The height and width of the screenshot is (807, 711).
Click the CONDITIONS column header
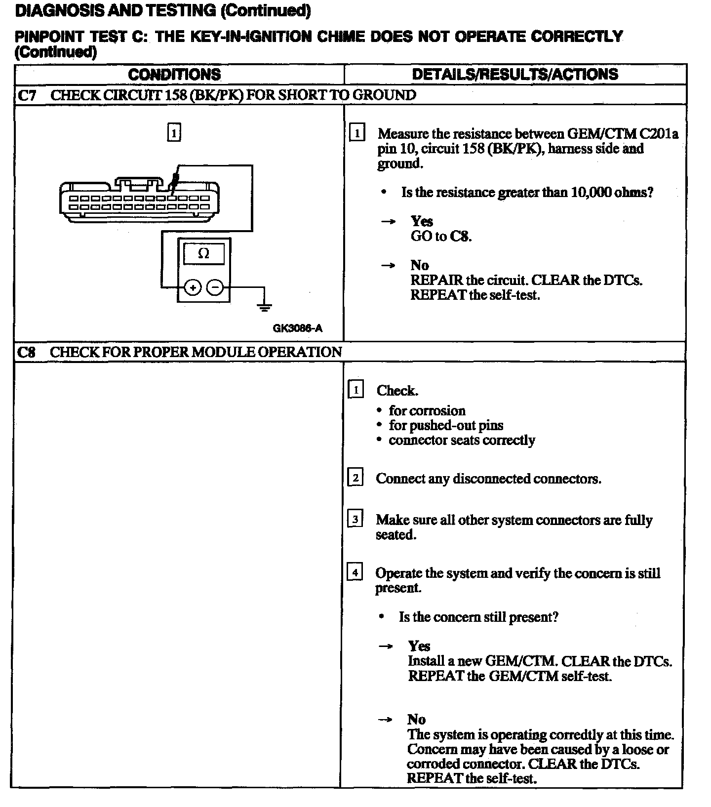point(174,75)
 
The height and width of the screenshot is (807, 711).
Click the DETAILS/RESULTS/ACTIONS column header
point(514,75)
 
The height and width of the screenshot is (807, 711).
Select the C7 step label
point(27,95)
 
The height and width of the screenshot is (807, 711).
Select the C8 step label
point(26,352)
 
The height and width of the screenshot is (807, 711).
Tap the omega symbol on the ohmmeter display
point(203,254)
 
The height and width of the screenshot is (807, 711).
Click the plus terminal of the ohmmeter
point(193,287)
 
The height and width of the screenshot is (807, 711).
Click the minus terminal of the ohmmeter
point(215,287)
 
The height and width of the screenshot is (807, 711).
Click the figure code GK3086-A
point(297,328)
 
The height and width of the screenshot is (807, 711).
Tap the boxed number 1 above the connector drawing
point(174,133)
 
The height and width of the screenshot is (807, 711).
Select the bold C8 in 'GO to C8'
point(460,236)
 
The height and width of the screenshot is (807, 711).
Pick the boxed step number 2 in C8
point(355,478)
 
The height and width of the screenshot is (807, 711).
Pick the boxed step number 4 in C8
point(355,573)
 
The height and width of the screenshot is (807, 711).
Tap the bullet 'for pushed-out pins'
point(446,425)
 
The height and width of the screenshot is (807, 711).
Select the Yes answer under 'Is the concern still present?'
point(419,646)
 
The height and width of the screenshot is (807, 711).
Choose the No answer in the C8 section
point(417,719)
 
